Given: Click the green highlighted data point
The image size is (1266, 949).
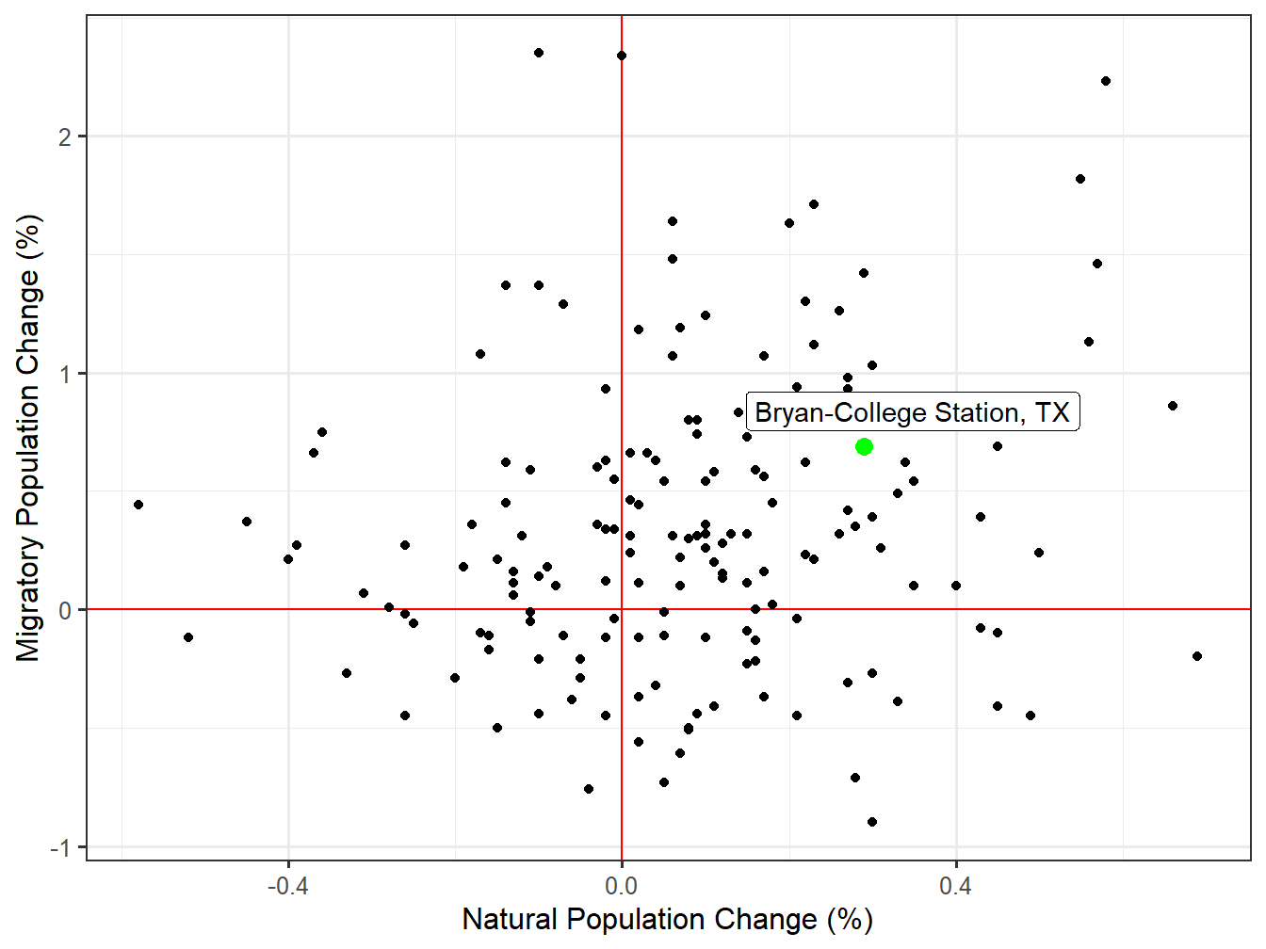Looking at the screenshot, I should (864, 446).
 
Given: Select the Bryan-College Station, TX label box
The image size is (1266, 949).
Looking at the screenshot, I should (912, 412).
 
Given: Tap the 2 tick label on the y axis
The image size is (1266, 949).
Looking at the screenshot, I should (64, 137).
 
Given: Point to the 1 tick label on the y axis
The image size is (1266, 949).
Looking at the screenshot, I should (64, 374).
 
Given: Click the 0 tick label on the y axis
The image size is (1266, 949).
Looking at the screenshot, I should (64, 611).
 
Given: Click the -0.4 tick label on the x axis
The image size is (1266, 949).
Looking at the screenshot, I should (287, 886).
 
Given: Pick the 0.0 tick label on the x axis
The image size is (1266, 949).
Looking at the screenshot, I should (622, 886).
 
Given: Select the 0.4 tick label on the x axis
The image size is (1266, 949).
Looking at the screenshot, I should (955, 886).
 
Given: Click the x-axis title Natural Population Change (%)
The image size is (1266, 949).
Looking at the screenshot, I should (667, 920).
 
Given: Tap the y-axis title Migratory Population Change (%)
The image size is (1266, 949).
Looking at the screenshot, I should (28, 438).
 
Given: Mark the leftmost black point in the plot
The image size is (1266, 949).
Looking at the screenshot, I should (138, 505).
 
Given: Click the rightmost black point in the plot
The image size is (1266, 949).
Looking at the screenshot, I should (1197, 656).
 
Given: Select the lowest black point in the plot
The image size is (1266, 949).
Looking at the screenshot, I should (872, 822).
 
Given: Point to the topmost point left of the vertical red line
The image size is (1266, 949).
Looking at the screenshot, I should (539, 53).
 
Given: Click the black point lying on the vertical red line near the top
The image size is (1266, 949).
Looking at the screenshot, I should (622, 56).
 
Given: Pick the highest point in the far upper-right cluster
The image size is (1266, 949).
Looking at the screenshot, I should (1106, 81).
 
